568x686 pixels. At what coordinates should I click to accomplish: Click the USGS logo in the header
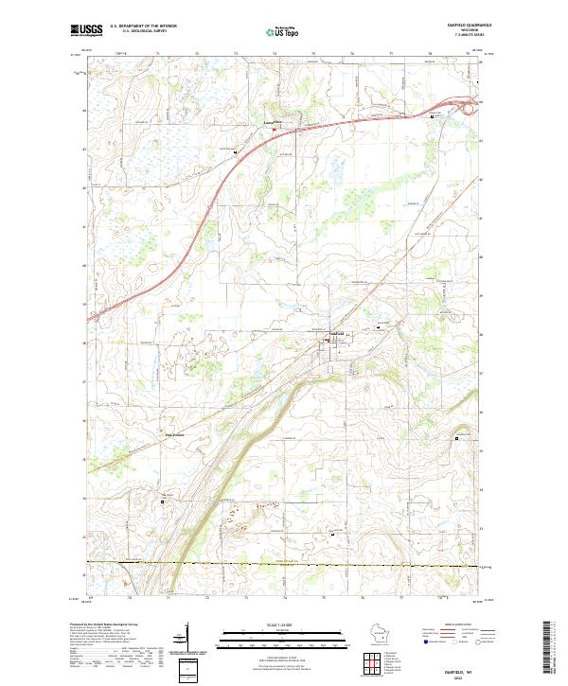86,31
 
